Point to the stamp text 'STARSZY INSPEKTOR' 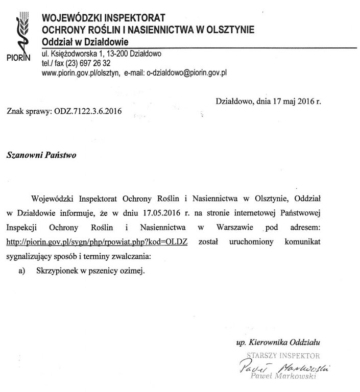[x=283, y=354]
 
